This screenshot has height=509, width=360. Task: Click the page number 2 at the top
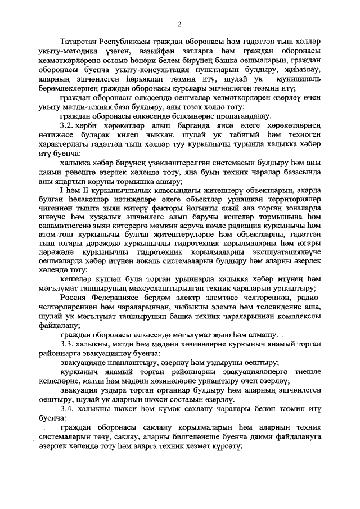coord(179,24)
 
